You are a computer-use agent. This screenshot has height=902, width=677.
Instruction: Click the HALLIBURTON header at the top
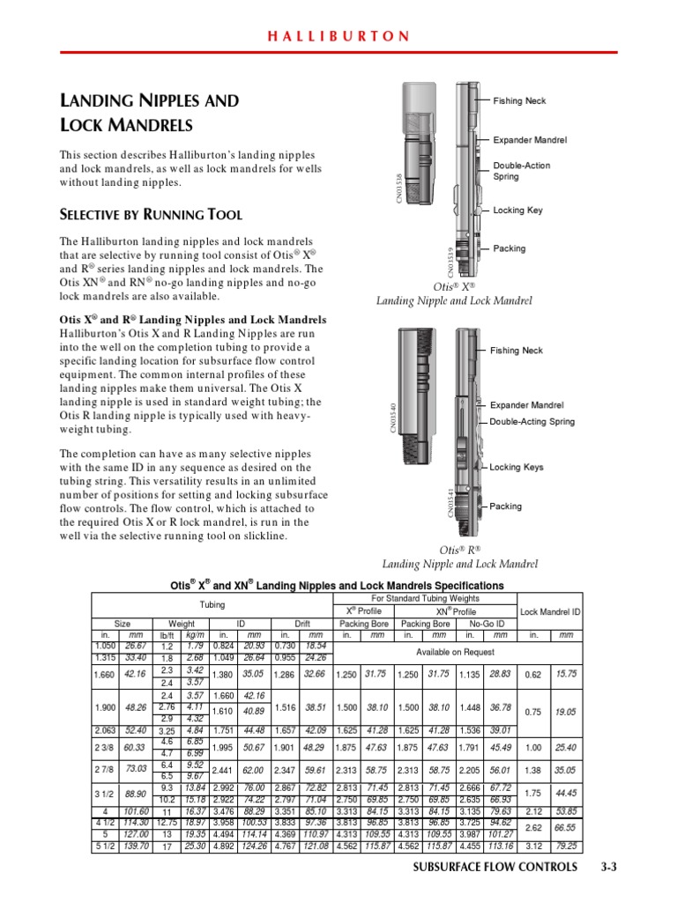coord(338,36)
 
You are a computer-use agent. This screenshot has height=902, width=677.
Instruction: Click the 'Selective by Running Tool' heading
coord(150,215)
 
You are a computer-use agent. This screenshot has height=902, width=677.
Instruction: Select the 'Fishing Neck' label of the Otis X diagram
coord(519,101)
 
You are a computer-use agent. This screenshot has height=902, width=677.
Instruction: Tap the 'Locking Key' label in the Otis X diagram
coord(517,211)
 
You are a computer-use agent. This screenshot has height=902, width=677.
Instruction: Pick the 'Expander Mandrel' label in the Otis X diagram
coord(529,140)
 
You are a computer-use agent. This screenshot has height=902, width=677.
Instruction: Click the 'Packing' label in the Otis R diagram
coord(506,506)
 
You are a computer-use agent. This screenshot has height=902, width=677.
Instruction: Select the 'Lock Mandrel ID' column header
coord(550,610)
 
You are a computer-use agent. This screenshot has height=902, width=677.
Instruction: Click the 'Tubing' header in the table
coord(212,605)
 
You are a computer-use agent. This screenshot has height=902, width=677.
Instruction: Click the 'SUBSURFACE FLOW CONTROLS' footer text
coord(495,891)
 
